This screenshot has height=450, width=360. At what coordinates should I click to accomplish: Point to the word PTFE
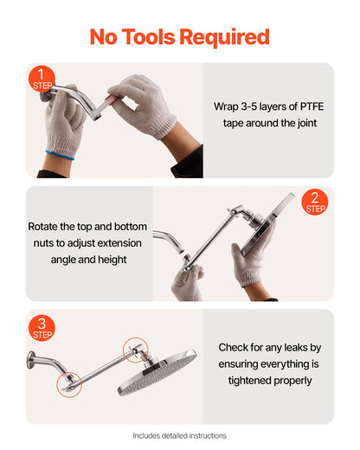point(306,107)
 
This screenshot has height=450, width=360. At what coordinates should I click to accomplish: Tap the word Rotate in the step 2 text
point(44,227)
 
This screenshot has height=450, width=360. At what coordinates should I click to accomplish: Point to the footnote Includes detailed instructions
point(180,436)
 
